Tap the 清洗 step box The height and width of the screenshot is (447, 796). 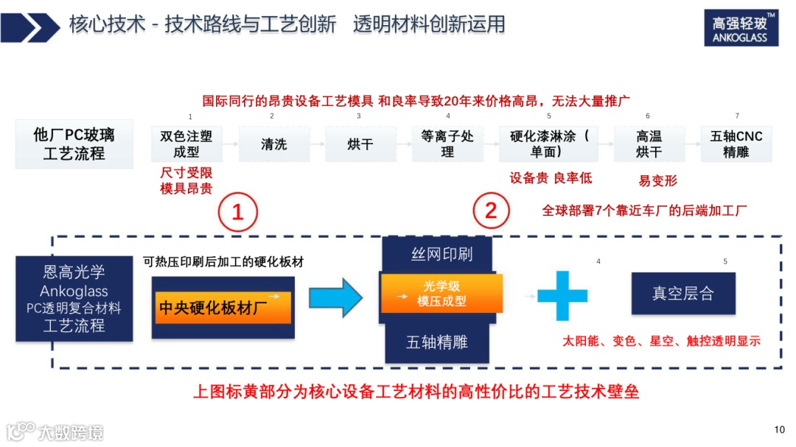click(x=273, y=144)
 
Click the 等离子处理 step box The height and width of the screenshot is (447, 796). click(x=447, y=144)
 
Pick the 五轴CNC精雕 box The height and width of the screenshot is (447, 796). click(x=736, y=144)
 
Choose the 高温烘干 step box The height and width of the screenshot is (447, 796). click(x=649, y=144)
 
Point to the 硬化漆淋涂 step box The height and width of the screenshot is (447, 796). click(x=549, y=144)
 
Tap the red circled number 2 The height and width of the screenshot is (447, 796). click(x=490, y=212)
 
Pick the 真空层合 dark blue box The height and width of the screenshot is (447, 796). click(x=682, y=294)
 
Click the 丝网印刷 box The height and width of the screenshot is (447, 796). click(x=441, y=255)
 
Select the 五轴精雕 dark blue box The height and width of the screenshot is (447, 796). click(x=436, y=342)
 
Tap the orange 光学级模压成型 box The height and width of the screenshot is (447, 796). click(x=441, y=293)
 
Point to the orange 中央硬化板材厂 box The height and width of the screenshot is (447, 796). click(x=223, y=307)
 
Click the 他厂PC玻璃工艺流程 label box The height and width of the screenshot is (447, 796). click(x=74, y=144)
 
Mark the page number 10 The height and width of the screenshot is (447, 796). click(x=780, y=430)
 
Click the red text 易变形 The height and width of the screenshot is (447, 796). click(x=657, y=180)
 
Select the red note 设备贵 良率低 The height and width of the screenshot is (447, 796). click(x=551, y=177)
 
